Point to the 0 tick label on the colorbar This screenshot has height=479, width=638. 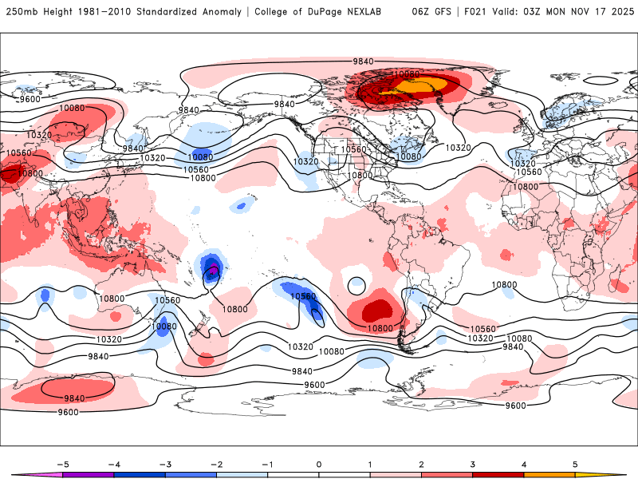tap(319, 464)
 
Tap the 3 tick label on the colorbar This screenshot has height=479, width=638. tap(473, 464)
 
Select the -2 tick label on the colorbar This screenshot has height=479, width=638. tap(216, 464)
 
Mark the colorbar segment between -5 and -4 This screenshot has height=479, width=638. tap(88, 474)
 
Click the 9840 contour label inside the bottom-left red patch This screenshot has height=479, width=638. tap(74, 398)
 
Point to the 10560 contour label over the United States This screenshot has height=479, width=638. tap(353, 149)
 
